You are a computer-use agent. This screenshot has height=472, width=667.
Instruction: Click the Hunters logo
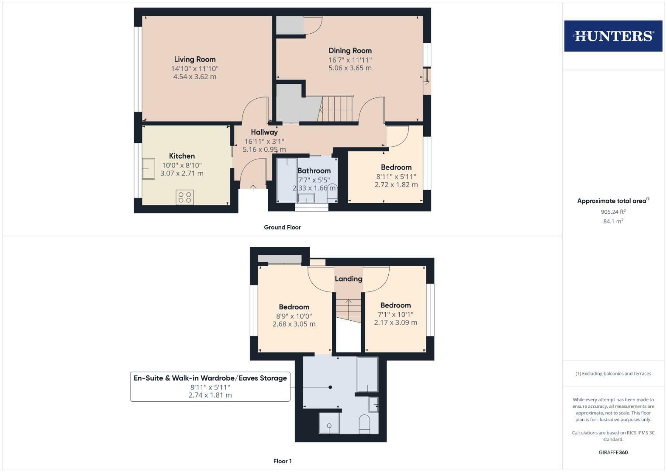(613, 36)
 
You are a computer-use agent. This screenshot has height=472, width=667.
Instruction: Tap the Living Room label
(195, 59)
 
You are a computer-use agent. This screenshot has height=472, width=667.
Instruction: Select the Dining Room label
(350, 51)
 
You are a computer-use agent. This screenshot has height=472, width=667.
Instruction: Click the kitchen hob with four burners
(184, 197)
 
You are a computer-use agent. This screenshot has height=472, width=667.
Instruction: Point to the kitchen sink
(148, 169)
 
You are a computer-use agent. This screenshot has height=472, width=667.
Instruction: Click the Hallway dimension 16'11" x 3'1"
(264, 141)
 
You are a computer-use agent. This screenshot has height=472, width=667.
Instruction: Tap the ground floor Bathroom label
(314, 171)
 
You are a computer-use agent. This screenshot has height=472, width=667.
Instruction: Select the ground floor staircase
(337, 109)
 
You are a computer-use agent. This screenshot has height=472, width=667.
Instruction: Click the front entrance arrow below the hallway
(253, 188)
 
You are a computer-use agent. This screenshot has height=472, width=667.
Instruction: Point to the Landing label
(348, 279)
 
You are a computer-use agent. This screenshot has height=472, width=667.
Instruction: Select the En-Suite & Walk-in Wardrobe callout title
(210, 378)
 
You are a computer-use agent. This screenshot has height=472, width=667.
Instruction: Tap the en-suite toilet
(364, 424)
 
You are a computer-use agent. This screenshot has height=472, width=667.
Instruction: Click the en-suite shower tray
(329, 423)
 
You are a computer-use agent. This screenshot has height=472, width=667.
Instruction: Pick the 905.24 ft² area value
(613, 212)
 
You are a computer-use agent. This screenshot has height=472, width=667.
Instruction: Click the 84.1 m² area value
(613, 222)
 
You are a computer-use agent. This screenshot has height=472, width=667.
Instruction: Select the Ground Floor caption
(282, 227)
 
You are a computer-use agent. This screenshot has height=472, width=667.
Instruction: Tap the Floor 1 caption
(282, 461)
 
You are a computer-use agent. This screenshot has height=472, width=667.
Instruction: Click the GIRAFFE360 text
(613, 452)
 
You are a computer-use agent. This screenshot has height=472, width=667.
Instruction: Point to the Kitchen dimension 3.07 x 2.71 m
(182, 174)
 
